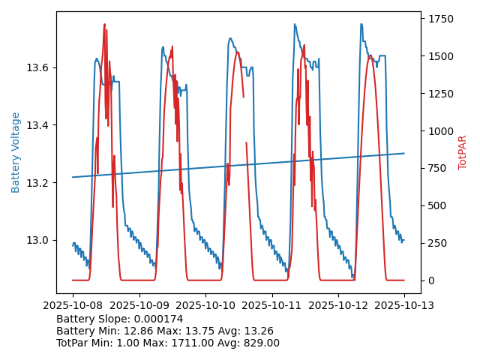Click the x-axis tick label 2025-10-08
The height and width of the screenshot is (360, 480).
(x=73, y=306)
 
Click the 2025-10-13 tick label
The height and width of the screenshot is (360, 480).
(x=404, y=306)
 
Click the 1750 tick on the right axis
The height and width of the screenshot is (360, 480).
(x=439, y=19)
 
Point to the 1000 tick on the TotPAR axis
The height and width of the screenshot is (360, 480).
(x=439, y=131)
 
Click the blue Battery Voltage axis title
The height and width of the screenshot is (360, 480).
(x=16, y=152)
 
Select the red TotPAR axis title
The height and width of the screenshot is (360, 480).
(x=463, y=152)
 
